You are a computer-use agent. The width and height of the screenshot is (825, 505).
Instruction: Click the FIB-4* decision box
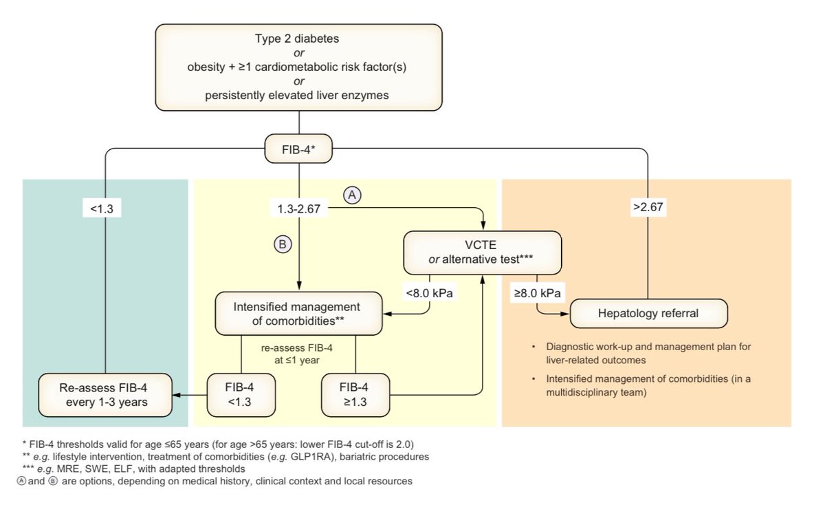[x=298, y=149]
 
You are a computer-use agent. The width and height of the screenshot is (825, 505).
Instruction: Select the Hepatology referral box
[x=648, y=313]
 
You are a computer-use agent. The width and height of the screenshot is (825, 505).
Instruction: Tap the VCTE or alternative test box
[x=483, y=252]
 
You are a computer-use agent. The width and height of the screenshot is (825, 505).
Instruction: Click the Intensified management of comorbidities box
[x=298, y=314]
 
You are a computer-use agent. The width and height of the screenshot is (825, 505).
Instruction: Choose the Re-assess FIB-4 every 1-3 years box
[x=105, y=395]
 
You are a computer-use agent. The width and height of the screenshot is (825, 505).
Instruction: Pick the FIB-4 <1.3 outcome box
[x=241, y=395]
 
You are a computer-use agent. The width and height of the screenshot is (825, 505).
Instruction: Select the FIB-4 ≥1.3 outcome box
[x=355, y=395]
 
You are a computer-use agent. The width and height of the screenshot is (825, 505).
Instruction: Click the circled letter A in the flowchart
[x=352, y=195]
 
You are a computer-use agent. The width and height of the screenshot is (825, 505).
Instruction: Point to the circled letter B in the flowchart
[x=283, y=244]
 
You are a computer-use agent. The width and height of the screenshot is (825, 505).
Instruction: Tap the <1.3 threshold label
[x=102, y=208]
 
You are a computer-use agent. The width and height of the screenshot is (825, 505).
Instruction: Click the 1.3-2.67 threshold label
[x=298, y=208]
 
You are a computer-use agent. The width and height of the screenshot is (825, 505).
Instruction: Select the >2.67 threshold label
[x=648, y=207]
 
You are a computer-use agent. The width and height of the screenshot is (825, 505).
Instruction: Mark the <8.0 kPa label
[x=430, y=293]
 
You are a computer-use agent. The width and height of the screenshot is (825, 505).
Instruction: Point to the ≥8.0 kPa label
[x=538, y=293]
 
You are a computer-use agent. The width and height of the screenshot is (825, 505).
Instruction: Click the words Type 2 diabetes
[x=297, y=39]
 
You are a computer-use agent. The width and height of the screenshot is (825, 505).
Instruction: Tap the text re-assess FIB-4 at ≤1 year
[x=297, y=354]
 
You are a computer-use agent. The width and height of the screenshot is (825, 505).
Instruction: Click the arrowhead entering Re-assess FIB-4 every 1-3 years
[x=177, y=395]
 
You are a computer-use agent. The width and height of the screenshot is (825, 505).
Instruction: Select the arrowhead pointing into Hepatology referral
[x=565, y=314]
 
